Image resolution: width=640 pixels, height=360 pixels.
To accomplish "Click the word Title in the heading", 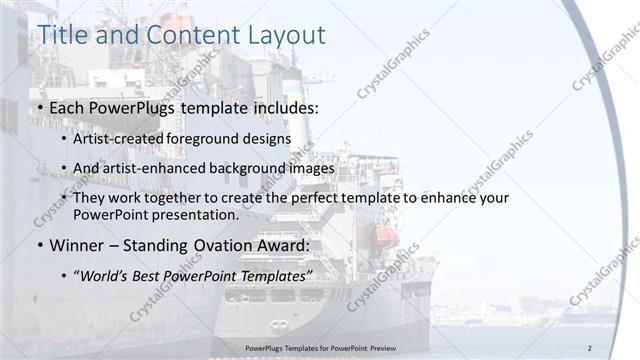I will (x=62, y=35).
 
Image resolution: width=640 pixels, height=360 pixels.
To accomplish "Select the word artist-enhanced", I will (x=151, y=168).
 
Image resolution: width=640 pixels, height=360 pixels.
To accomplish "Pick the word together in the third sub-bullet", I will (x=197, y=198).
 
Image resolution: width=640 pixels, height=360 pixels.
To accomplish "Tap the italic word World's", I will (x=106, y=275).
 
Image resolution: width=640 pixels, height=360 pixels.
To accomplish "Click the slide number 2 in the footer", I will (x=590, y=347).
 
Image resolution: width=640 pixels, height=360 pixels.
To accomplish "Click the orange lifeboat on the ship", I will (x=382, y=236).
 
